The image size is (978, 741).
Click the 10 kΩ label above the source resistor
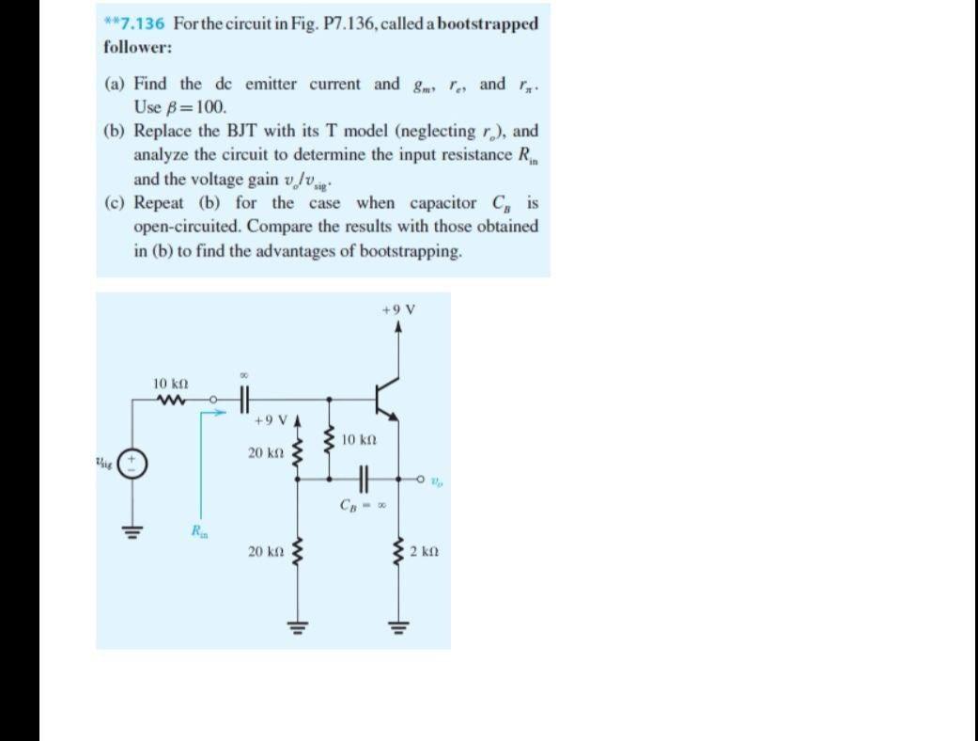(172, 384)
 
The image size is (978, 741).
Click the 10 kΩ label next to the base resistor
(360, 440)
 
